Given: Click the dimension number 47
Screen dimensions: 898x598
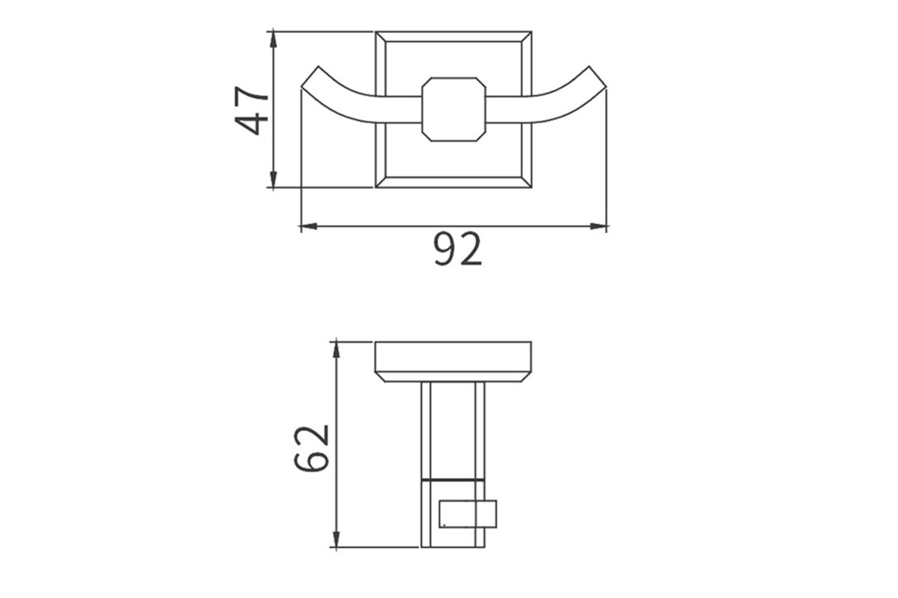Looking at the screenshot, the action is pos(251,111).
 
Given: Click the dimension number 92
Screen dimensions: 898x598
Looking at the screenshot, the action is pos(457,249).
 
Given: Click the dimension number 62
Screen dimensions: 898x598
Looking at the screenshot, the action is pos(311,449).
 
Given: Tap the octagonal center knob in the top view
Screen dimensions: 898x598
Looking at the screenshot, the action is pos(453,109).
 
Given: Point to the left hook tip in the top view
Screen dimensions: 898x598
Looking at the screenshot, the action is pos(310,76).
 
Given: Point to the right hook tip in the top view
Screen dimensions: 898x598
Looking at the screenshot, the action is pos(598,76).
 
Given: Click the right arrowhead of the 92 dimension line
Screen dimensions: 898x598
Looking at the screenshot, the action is pos(599,226).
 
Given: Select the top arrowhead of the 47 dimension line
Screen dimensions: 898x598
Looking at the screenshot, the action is pos(273,40).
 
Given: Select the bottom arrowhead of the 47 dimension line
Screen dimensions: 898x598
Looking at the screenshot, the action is pos(273,179).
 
